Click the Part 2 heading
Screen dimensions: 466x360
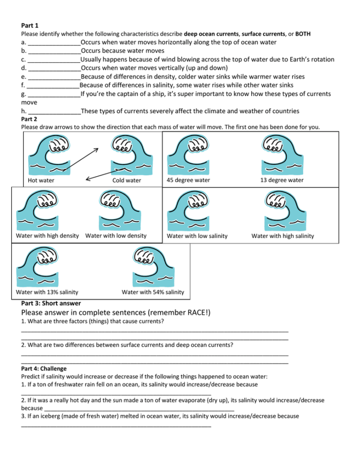[29, 119]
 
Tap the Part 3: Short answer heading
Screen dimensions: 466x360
[51, 303]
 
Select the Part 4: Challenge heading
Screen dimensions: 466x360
[44, 369]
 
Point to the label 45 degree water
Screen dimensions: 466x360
[188, 180]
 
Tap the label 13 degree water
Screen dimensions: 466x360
[282, 180]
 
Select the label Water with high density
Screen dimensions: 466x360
[47, 235]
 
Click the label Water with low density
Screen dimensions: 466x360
[116, 235]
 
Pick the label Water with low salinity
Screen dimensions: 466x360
[197, 236]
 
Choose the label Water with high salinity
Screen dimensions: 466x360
[282, 236]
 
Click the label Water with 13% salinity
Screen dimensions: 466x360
[47, 292]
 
